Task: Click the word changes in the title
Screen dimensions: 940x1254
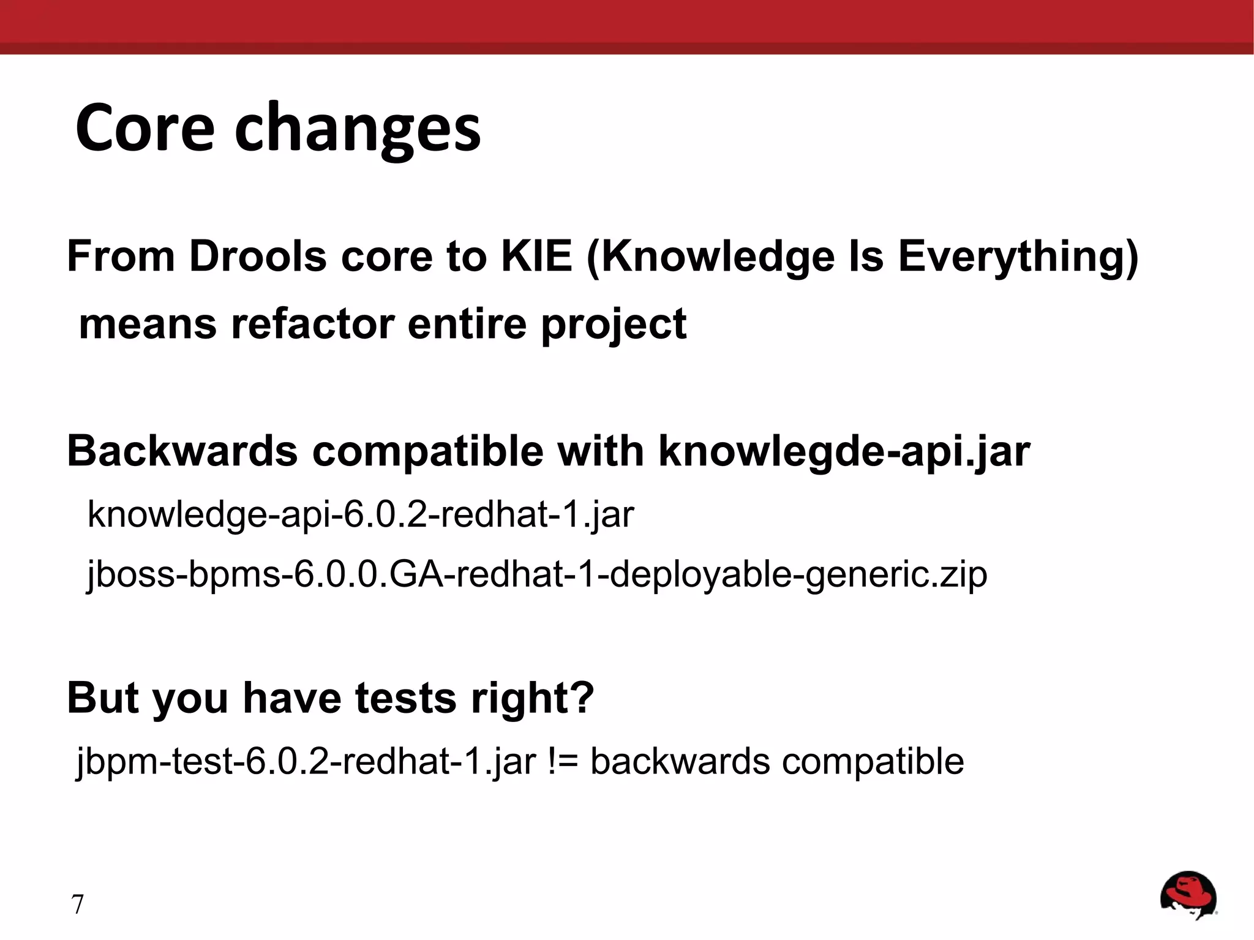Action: pos(358,130)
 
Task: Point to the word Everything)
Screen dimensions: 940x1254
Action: pos(1018,257)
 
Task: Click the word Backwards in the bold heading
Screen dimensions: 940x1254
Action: pos(182,451)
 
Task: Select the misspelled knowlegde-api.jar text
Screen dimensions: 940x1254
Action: pos(844,453)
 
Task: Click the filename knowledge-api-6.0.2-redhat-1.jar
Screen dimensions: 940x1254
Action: pos(361,514)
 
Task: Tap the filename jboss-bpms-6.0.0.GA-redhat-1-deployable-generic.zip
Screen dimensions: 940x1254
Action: pos(536,576)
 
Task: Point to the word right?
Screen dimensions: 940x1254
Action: pos(532,699)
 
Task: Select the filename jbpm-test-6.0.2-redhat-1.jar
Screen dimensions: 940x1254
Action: pos(306,762)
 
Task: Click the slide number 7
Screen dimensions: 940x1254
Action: pos(77,904)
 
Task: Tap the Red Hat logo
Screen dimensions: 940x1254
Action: pos(1188,896)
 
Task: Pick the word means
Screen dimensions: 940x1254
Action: pos(148,324)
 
